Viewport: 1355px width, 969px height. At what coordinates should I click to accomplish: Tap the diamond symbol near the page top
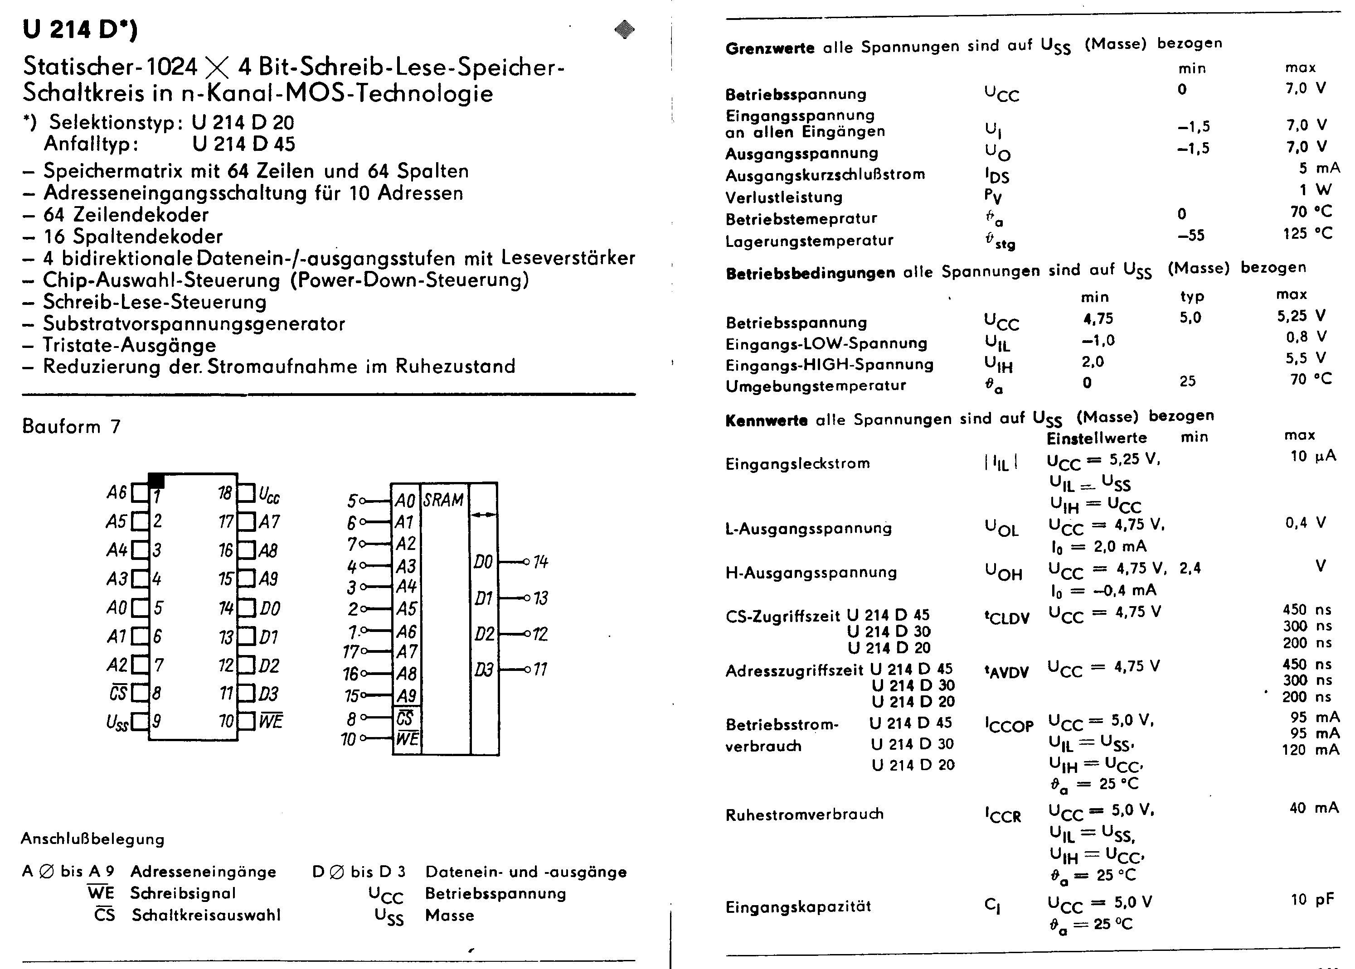(624, 29)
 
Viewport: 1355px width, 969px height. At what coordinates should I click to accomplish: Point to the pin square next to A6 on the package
(140, 493)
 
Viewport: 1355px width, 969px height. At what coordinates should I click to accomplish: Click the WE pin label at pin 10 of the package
(270, 721)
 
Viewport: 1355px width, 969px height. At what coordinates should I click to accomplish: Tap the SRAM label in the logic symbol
(443, 500)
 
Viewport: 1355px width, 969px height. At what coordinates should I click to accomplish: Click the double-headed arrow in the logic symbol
(483, 514)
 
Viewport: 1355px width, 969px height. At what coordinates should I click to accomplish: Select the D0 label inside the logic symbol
(483, 562)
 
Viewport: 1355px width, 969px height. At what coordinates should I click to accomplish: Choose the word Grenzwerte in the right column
(769, 48)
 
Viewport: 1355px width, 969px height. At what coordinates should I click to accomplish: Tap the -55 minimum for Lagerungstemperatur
(1191, 236)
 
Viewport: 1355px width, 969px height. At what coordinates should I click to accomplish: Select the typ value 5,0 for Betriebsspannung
(1190, 318)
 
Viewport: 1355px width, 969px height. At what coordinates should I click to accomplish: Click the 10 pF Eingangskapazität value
(1311, 900)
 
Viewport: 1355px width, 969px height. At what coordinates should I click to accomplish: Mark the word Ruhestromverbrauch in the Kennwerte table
(804, 815)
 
